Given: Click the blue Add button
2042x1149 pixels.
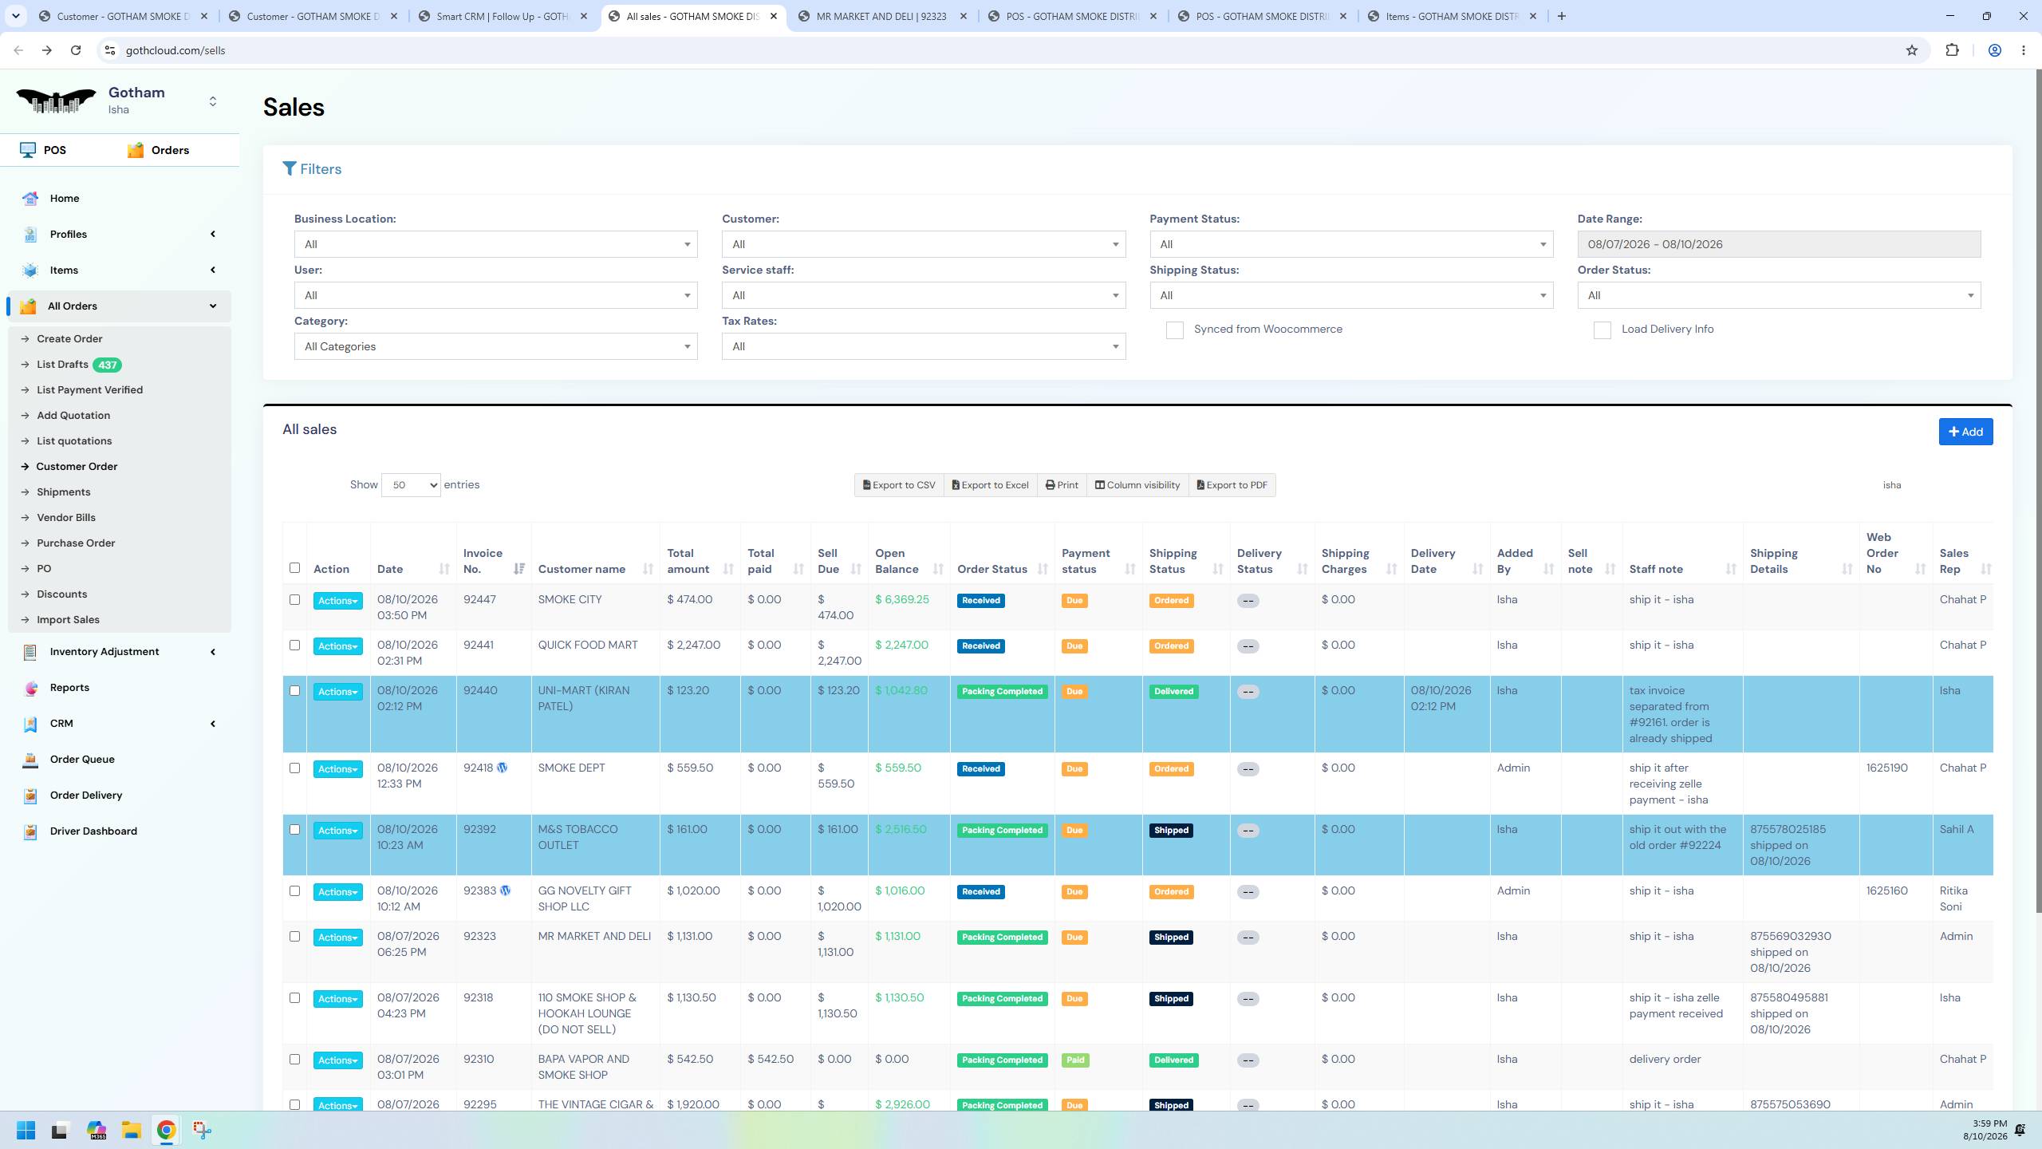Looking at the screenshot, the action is click(x=1965, y=432).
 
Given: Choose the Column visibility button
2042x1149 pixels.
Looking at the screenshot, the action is click(x=1137, y=485).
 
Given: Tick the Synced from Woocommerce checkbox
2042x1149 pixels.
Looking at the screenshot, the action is click(x=1174, y=330).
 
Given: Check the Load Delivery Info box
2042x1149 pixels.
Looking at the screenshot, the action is click(x=1602, y=330).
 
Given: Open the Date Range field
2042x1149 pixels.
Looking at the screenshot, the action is click(x=1779, y=244).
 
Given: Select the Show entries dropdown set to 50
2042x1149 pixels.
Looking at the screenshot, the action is click(x=411, y=485).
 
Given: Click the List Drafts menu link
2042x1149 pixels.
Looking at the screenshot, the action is click(x=62, y=365).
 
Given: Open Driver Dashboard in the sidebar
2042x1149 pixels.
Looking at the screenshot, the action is click(x=93, y=831).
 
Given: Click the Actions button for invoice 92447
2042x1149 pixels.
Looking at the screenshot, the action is click(x=337, y=601).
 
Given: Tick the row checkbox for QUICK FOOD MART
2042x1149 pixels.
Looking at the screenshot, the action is click(x=294, y=645).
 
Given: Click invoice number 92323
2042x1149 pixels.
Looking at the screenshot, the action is click(x=479, y=936).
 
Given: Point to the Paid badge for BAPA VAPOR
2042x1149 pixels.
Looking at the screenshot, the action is click(x=1074, y=1060).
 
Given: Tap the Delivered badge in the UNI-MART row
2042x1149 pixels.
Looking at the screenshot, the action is click(x=1173, y=692).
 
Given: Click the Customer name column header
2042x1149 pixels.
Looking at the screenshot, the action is click(x=581, y=569).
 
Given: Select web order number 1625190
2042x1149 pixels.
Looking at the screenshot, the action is click(x=1886, y=768).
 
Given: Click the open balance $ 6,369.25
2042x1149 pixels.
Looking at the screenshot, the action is click(x=902, y=599).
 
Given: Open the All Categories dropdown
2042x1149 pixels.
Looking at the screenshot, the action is click(x=495, y=346).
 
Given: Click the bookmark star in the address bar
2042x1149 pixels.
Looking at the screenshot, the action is click(x=1911, y=50).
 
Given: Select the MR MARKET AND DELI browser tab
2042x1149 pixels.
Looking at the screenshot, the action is click(x=881, y=16).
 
